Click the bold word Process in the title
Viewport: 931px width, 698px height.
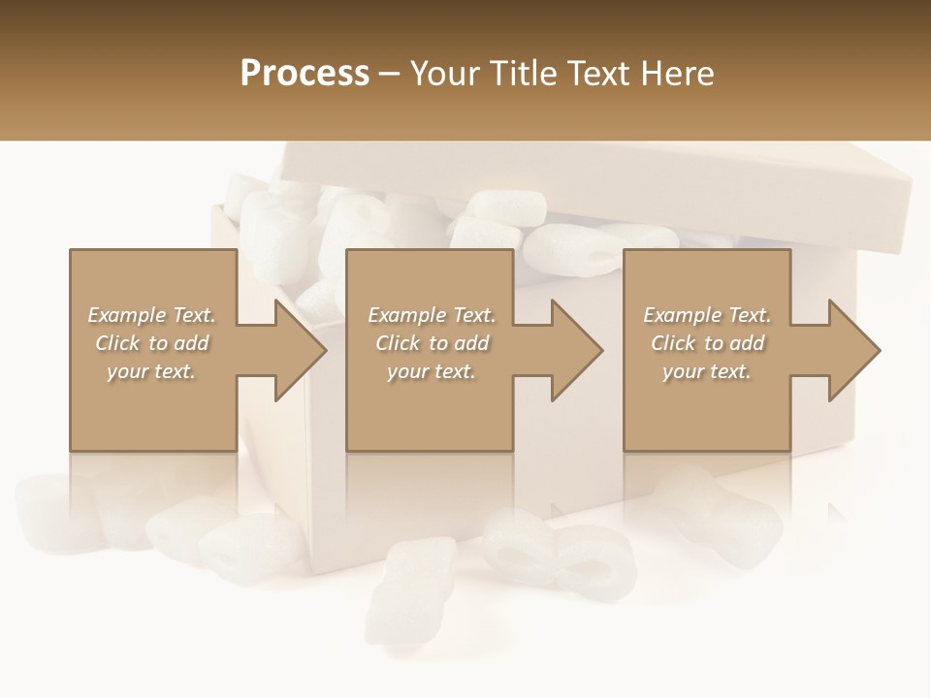pos(305,74)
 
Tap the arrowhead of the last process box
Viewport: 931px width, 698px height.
pos(853,350)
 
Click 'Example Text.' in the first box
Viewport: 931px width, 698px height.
pos(151,315)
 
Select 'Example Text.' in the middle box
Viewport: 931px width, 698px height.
pos(431,315)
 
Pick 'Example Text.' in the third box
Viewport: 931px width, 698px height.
pos(707,315)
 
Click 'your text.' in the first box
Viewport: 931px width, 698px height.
pos(151,371)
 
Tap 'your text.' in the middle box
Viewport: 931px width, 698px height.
pos(431,371)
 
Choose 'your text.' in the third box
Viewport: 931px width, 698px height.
pos(707,371)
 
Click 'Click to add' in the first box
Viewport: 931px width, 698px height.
pos(151,343)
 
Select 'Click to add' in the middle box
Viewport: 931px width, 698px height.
pos(431,343)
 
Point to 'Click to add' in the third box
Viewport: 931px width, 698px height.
pos(707,343)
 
